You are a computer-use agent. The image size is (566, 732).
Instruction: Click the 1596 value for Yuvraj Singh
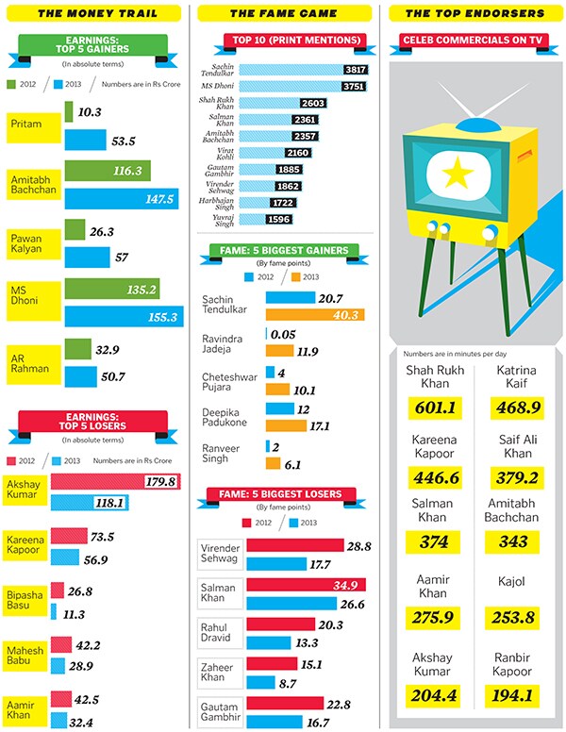302,219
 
